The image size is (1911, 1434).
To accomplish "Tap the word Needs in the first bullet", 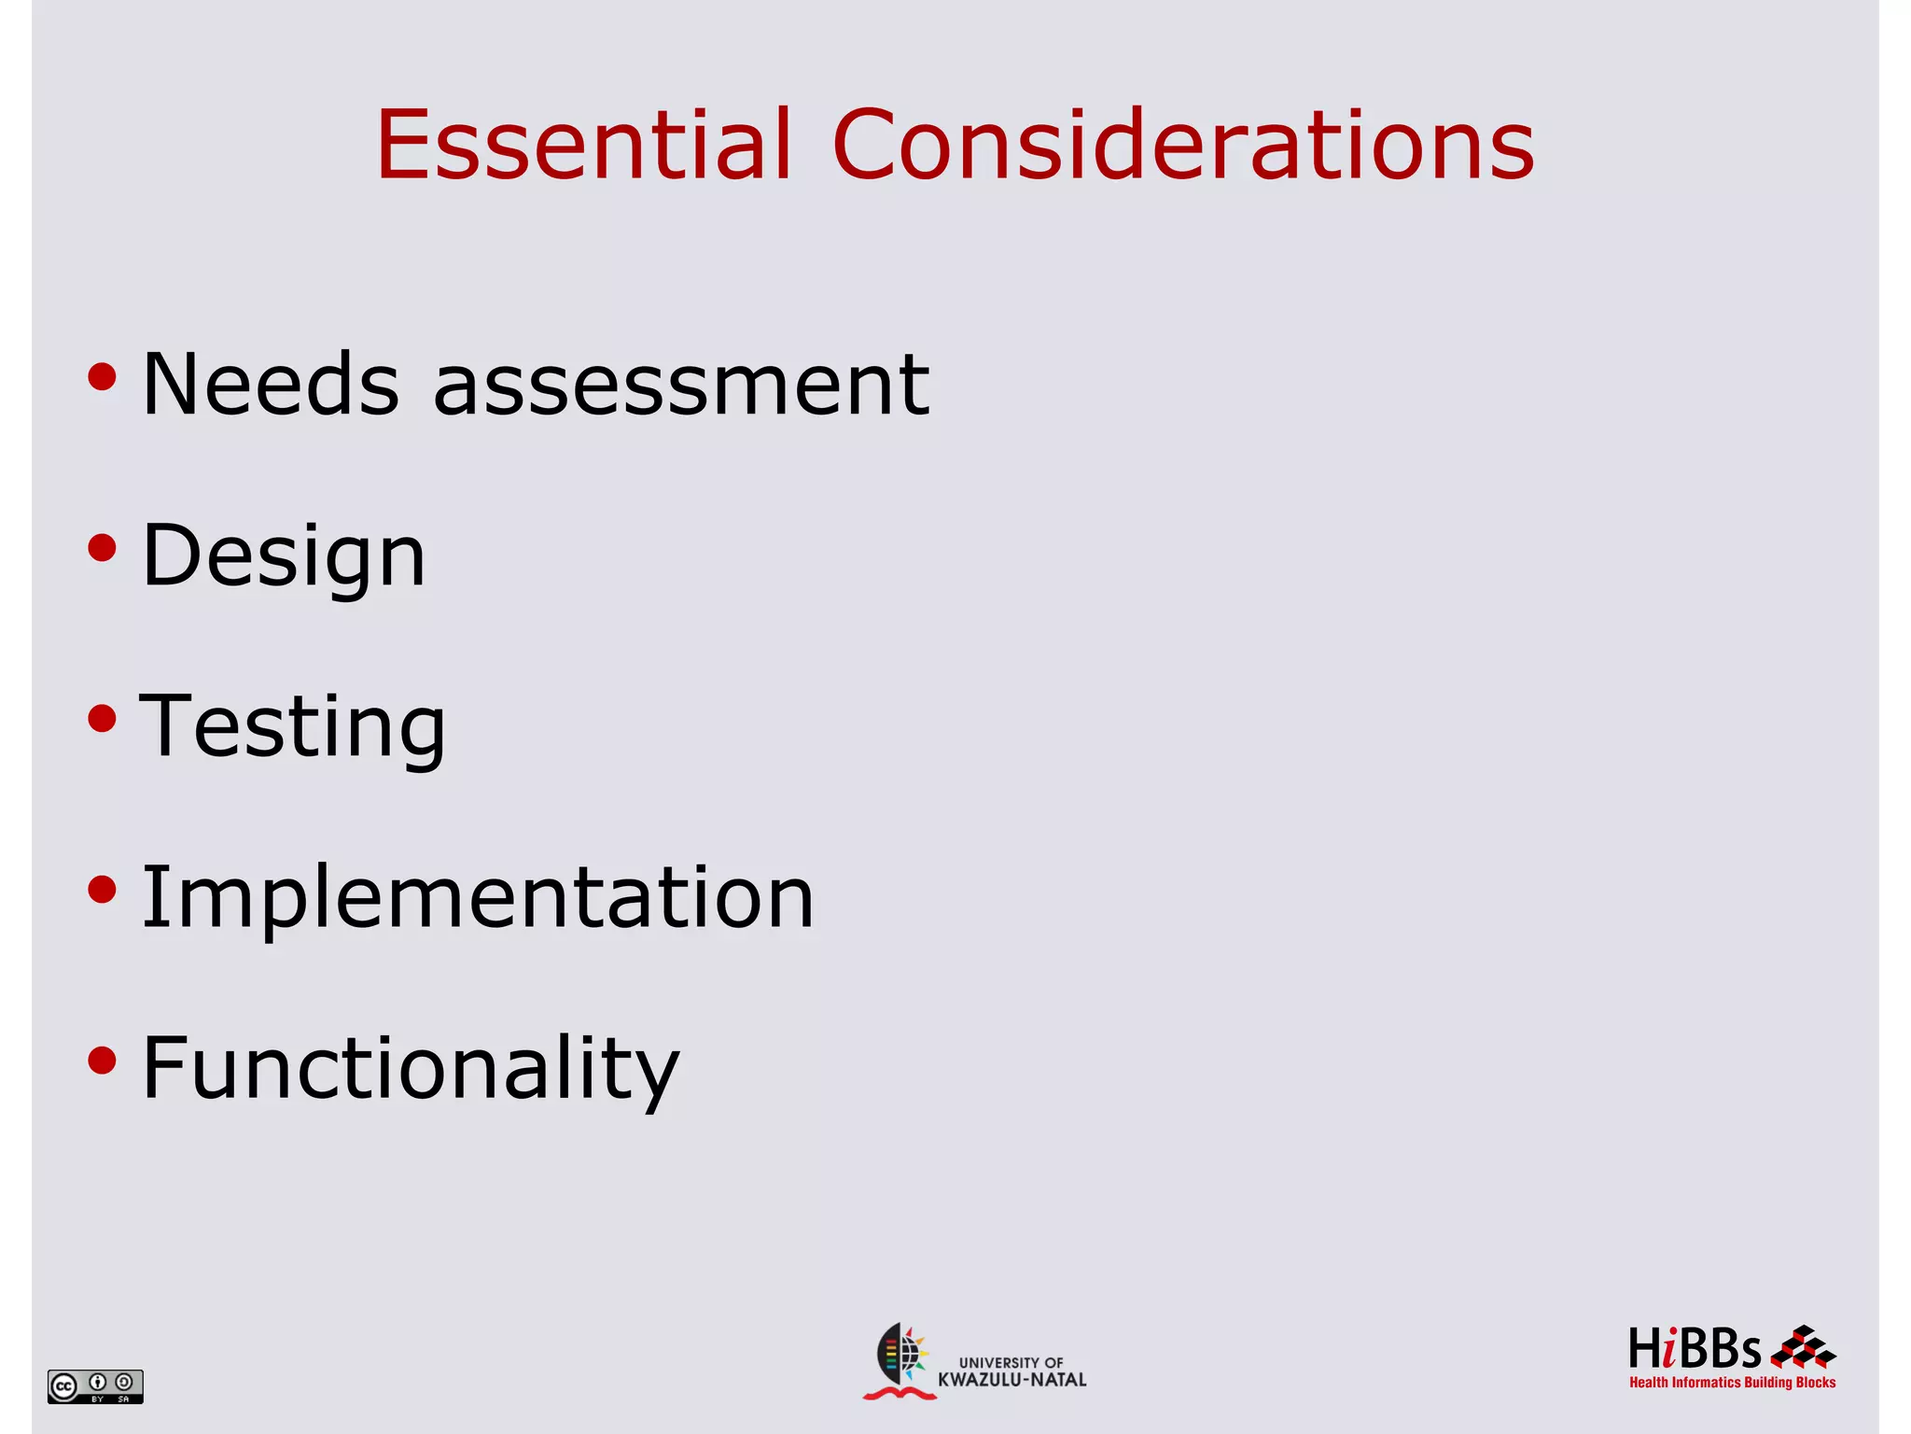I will (x=271, y=384).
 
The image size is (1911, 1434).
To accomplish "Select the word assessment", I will (x=681, y=386).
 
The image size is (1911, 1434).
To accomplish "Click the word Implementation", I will (x=478, y=898).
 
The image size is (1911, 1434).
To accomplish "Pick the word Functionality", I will (x=411, y=1070).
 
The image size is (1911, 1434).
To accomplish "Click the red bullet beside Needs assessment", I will (x=102, y=377).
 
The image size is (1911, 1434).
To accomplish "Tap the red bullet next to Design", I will (x=102, y=548).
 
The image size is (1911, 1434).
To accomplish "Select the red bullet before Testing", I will (x=102, y=719).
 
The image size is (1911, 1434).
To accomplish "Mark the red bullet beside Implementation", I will (x=102, y=890).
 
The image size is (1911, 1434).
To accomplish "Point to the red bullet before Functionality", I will (x=102, y=1061).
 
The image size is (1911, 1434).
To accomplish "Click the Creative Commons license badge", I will (x=95, y=1386).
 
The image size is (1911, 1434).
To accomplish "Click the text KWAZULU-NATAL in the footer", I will (x=1011, y=1380).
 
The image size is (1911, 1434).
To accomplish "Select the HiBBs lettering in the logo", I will (x=1694, y=1349).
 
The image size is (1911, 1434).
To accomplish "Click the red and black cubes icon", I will (x=1803, y=1347).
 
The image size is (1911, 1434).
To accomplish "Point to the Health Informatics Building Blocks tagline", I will (x=1732, y=1383).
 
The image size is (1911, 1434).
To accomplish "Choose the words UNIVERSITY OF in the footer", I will (x=1011, y=1362).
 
